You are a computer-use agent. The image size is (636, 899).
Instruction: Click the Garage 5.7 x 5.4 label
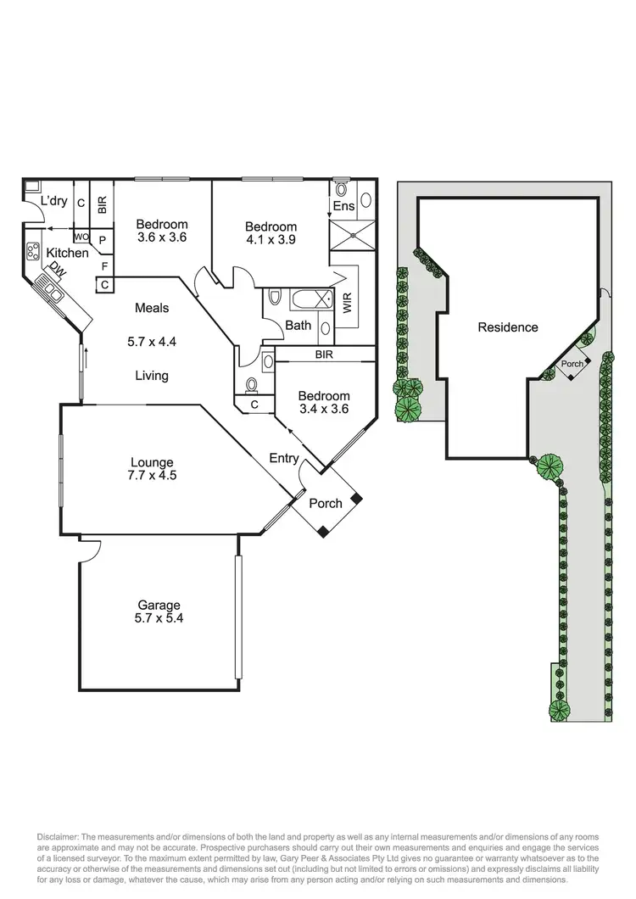[x=160, y=611]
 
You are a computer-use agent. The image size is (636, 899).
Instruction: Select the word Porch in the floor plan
[x=325, y=503]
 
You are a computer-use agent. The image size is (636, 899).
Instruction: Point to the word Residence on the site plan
[x=507, y=327]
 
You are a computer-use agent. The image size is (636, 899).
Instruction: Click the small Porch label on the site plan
[x=572, y=364]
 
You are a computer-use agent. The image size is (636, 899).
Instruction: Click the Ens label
[x=343, y=206]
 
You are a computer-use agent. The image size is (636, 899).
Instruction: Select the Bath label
[x=298, y=325]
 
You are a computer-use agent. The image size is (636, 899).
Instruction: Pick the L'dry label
[x=54, y=202]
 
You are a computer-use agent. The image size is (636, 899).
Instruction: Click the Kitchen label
[x=67, y=253]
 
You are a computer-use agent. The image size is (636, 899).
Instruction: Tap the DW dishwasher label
[x=58, y=269]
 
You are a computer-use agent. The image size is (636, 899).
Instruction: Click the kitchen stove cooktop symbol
[x=35, y=251]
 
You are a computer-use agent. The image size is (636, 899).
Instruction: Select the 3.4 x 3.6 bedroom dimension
[x=323, y=410]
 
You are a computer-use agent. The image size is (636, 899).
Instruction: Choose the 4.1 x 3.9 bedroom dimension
[x=271, y=240]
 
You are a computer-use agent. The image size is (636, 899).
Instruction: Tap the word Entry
[x=283, y=459]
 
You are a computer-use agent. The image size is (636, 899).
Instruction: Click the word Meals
[x=151, y=308]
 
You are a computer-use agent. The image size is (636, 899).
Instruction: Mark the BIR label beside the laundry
[x=102, y=204]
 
